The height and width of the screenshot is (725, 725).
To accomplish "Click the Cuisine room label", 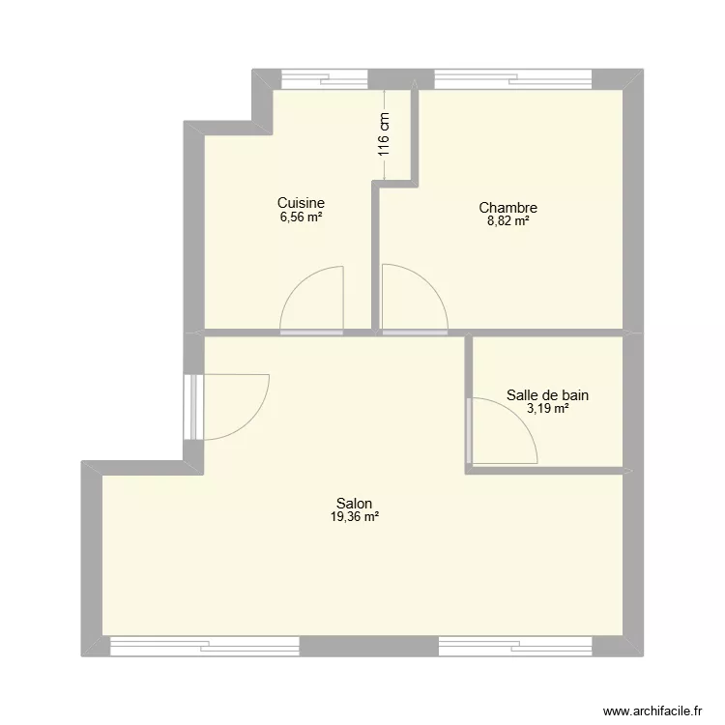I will tap(301, 203).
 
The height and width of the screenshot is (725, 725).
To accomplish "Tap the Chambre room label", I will tap(507, 208).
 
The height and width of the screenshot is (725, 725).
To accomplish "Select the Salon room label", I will tap(355, 504).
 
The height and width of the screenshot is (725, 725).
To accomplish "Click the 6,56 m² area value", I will tap(301, 217).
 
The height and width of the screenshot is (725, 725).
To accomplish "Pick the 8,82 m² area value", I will tap(507, 221).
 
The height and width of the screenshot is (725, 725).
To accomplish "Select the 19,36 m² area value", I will tap(355, 517).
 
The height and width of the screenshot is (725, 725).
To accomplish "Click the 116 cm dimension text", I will tap(384, 133).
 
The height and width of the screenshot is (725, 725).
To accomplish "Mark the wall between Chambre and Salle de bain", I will tap(546, 332).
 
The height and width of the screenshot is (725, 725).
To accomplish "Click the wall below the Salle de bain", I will tap(546, 471).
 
